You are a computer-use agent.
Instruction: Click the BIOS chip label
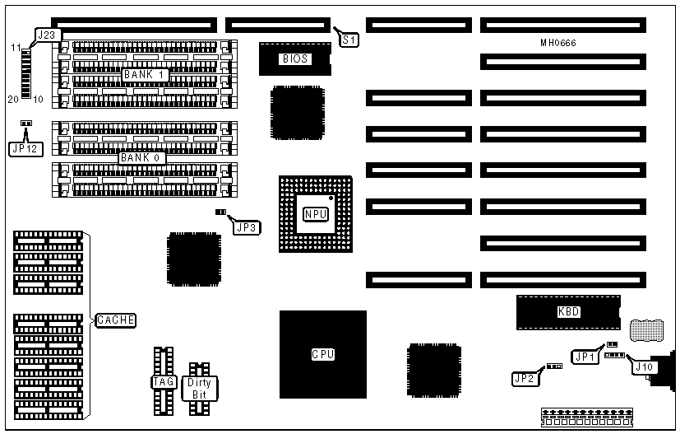(295, 59)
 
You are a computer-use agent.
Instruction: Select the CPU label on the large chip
(322, 355)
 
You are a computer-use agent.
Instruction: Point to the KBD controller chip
(567, 312)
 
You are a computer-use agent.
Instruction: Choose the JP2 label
(524, 379)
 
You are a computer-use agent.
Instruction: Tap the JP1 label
(585, 357)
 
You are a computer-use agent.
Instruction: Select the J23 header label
(48, 35)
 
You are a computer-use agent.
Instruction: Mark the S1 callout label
(348, 38)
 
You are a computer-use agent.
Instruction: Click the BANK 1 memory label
(146, 75)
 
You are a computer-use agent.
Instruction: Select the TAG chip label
(162, 382)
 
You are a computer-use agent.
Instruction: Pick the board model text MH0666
(563, 43)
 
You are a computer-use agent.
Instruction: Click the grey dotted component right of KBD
(645, 331)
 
